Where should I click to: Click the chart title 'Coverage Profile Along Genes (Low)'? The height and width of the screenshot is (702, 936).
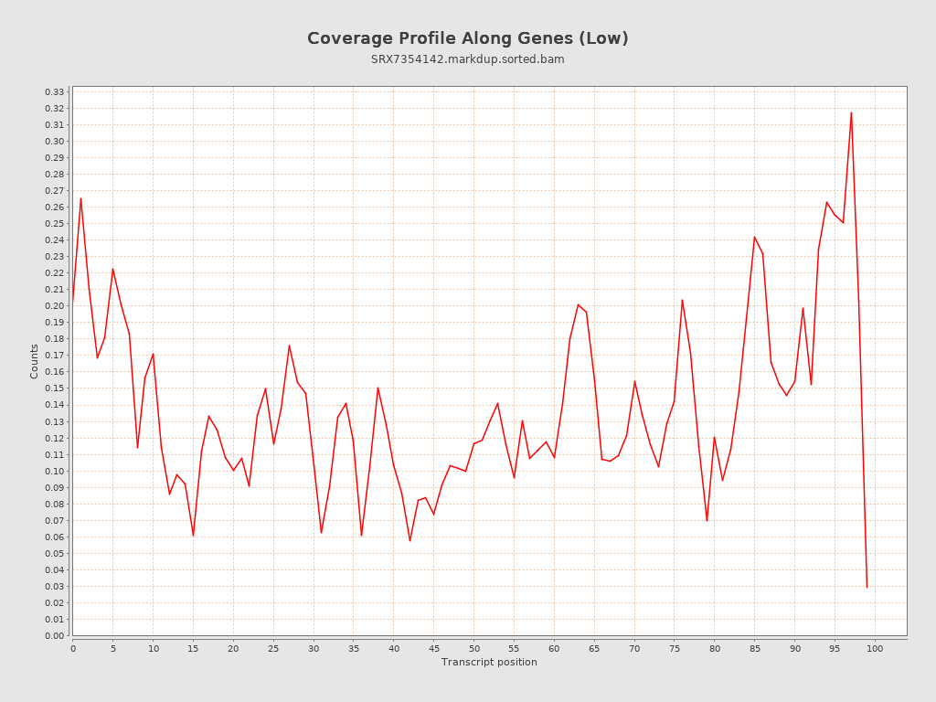tap(467, 38)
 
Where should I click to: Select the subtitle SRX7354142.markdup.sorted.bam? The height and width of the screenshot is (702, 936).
tap(467, 59)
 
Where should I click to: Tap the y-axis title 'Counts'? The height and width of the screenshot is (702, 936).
tap(35, 361)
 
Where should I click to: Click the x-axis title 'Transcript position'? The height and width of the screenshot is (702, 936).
tap(489, 662)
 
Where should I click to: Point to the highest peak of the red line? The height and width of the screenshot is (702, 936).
tap(851, 113)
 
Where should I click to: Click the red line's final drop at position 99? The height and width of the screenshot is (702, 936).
tap(867, 586)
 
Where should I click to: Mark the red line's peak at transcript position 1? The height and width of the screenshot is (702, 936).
tap(80, 198)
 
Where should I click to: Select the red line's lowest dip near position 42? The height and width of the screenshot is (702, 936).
tap(409, 540)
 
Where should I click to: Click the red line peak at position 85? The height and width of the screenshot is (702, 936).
tap(754, 237)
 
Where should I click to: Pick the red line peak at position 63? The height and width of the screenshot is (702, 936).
tap(578, 304)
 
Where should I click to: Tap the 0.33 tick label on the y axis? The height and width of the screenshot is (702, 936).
tap(55, 91)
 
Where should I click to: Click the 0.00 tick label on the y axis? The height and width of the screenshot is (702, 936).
tap(55, 635)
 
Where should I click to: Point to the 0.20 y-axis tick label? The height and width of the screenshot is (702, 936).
tap(55, 306)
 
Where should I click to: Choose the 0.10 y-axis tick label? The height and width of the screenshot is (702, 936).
tap(55, 471)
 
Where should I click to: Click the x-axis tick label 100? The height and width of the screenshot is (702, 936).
tap(875, 648)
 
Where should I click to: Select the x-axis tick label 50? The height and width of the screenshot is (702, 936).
tap(473, 648)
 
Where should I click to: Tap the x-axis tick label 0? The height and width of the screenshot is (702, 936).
tap(73, 648)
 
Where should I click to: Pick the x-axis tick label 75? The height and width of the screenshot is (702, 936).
tap(675, 648)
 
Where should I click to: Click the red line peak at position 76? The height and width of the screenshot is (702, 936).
tap(682, 300)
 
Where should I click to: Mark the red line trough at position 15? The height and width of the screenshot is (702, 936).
tap(193, 536)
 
